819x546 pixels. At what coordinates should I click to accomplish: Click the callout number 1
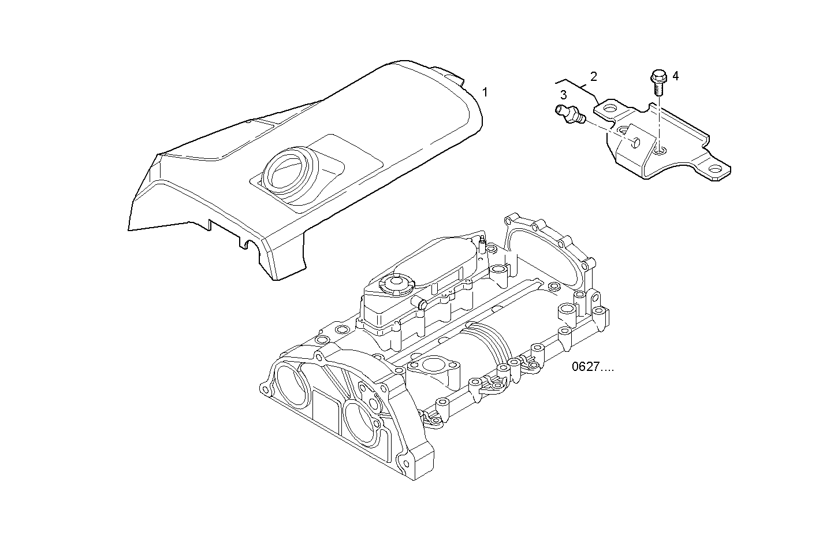[x=485, y=92]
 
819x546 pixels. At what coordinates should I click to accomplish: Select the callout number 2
[x=593, y=76]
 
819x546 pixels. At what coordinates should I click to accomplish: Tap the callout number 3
[x=563, y=94]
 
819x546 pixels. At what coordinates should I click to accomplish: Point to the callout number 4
[x=675, y=76]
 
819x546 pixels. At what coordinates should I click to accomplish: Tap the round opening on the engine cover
[x=287, y=173]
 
